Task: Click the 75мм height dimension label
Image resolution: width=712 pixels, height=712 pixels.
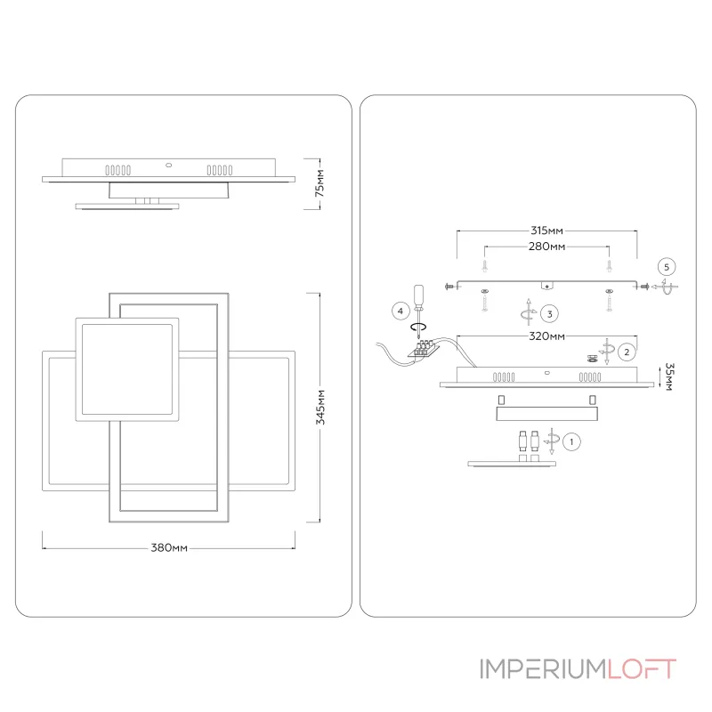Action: click(321, 183)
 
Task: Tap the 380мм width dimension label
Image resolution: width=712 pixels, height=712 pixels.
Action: click(168, 547)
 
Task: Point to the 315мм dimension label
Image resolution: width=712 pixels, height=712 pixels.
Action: click(546, 231)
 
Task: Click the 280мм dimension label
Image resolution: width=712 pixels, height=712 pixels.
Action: click(546, 246)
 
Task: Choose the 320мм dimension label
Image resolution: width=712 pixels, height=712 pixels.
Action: click(546, 336)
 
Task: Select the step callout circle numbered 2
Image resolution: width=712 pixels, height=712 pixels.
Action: click(627, 352)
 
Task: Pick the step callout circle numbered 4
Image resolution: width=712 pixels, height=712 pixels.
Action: click(401, 311)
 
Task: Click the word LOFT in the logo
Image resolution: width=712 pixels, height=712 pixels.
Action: click(640, 668)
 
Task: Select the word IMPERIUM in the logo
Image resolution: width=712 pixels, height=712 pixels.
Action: click(542, 668)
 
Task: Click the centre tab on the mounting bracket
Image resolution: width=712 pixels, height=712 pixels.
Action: click(547, 284)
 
